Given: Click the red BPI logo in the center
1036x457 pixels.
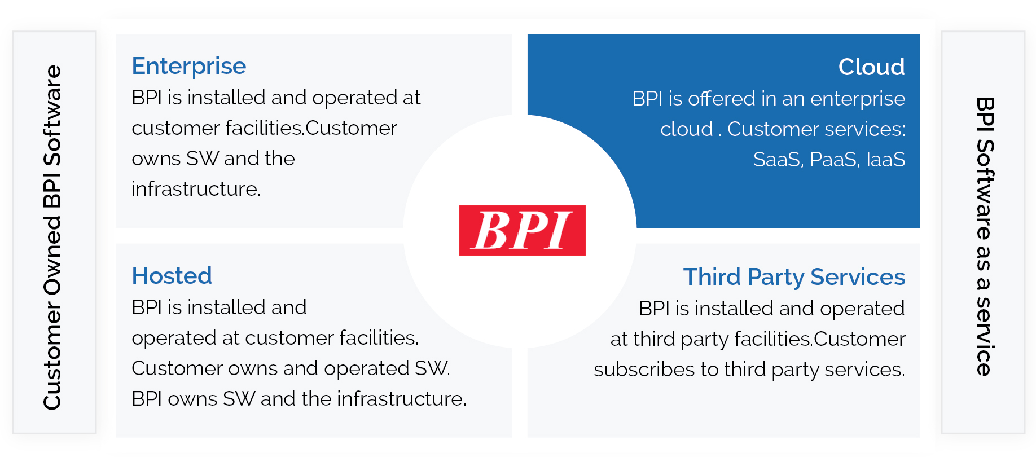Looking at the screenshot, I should click(x=522, y=230).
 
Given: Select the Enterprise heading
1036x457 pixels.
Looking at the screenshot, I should click(x=189, y=67).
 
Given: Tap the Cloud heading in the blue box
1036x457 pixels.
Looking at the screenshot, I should click(x=871, y=67).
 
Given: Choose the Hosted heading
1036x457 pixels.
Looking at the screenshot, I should click(x=172, y=276).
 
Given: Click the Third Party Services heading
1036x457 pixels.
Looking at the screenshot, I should click(x=794, y=278).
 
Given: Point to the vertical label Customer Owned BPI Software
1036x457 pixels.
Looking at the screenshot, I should click(x=53, y=237).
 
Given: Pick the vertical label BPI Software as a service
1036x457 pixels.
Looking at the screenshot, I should click(x=984, y=237).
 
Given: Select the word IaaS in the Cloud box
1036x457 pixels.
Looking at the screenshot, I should click(x=885, y=160).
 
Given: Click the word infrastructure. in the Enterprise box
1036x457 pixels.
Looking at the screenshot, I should click(x=196, y=189).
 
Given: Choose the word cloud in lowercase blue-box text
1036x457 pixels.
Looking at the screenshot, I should click(x=686, y=130).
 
